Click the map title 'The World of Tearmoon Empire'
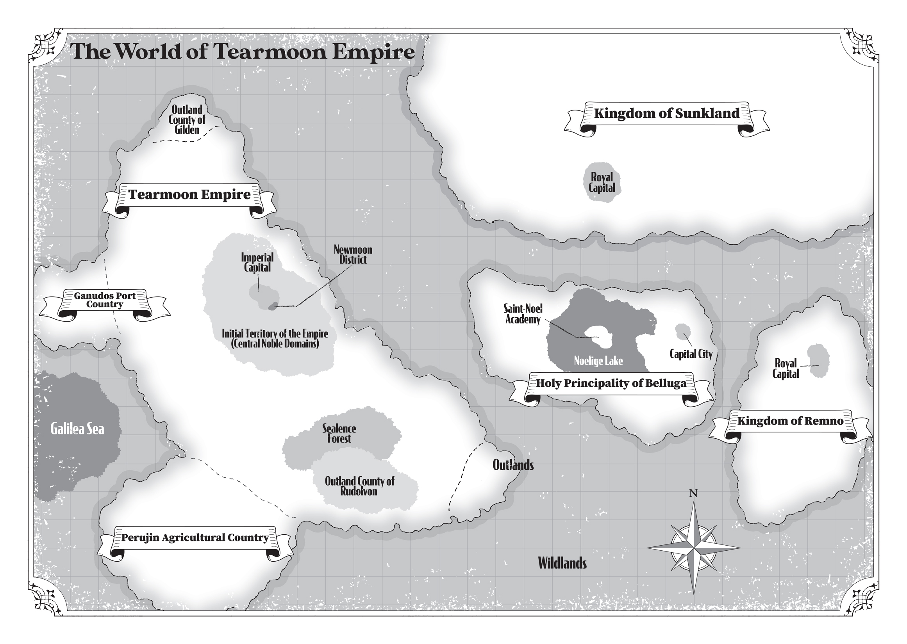point(242,52)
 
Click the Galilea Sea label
point(77,429)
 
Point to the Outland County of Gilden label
point(187,119)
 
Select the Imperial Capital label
point(257,263)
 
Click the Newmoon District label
point(353,254)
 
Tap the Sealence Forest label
point(339,433)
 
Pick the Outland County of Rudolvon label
point(359,486)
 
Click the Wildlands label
point(562,563)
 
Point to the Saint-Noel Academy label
point(523,314)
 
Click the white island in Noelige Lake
point(599,337)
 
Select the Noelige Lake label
point(598,361)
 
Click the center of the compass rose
point(694,548)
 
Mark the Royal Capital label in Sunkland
point(602,182)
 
